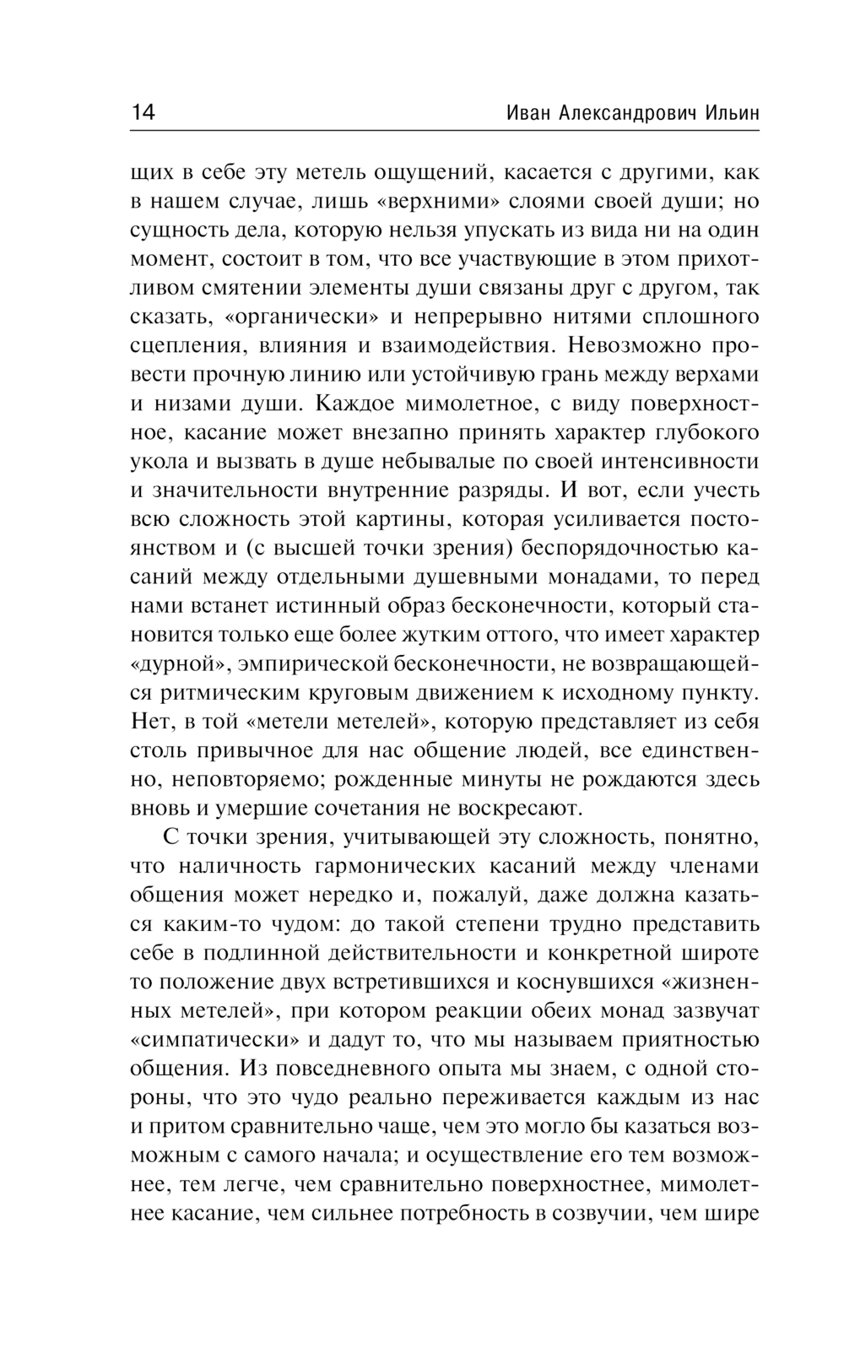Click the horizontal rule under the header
(445, 130)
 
